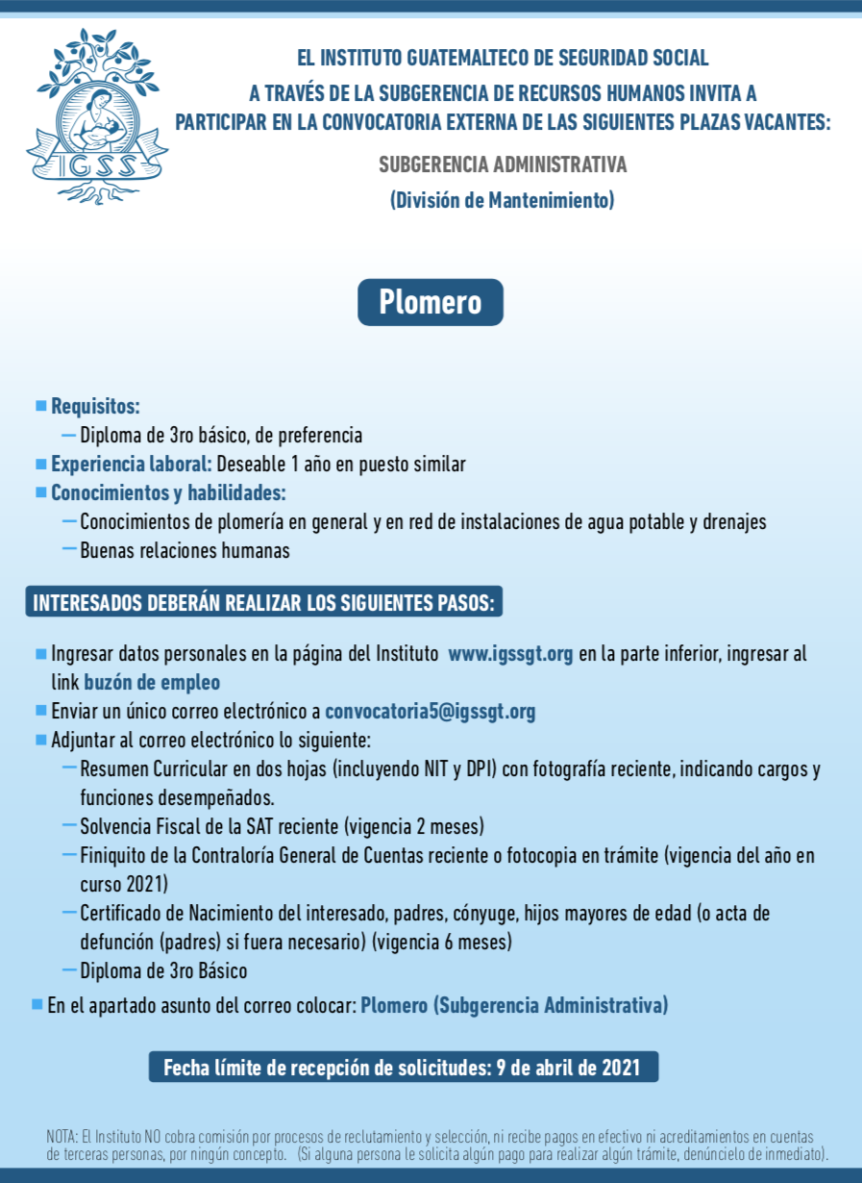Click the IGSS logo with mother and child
pos(96,116)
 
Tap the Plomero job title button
pos(430,302)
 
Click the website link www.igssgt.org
pos(510,654)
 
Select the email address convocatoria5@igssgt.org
pos(430,712)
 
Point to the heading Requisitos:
pos(95,406)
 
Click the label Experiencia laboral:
pos(132,464)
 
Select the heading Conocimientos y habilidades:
pos(168,492)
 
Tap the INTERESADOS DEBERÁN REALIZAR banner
pos(263,603)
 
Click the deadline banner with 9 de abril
pos(404,1068)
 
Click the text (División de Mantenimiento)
pos(502,200)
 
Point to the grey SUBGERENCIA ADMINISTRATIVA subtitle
pos(503,164)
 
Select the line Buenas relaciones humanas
pos(185,551)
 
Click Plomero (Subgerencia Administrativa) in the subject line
pos(514,1006)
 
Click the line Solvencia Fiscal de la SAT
pos(282,826)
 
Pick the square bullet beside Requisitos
pos(40,406)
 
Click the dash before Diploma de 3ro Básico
pos(69,969)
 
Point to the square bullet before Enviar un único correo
pos(40,712)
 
